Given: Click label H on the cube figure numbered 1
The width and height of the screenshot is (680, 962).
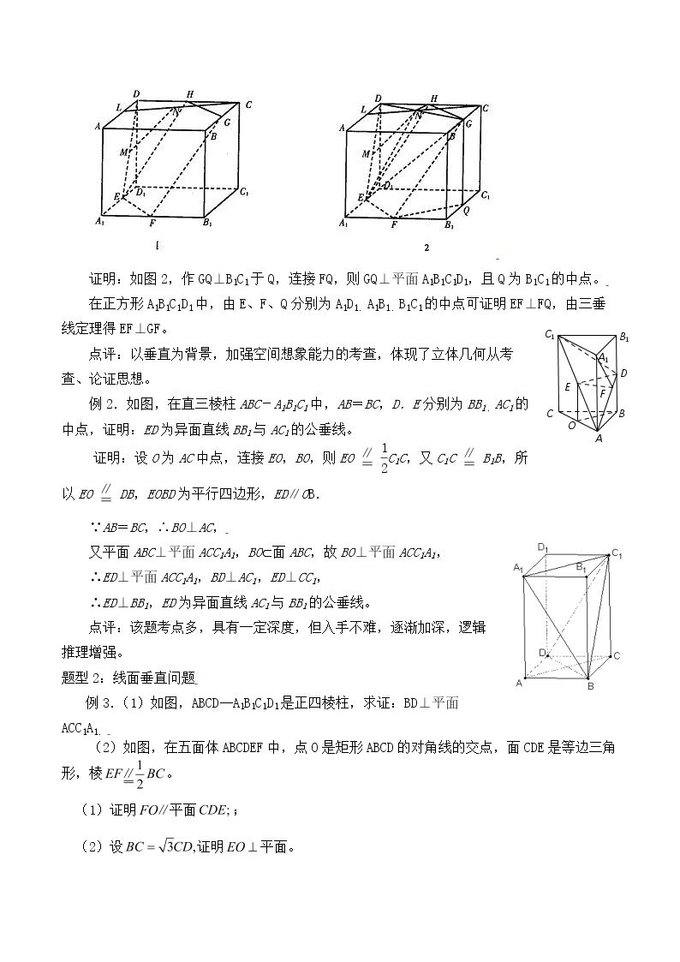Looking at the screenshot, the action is tap(190, 94).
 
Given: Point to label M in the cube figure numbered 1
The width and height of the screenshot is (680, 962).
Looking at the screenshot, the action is tap(124, 152).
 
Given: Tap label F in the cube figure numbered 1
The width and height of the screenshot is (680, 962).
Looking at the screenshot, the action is tap(152, 224).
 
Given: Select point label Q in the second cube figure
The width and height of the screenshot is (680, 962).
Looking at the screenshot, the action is tap(466, 211).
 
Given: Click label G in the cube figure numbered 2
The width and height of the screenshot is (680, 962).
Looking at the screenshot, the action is tap(468, 123).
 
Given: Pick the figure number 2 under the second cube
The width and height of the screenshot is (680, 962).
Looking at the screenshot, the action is tap(426, 248).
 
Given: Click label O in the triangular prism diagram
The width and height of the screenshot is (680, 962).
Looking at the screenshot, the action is tap(571, 425).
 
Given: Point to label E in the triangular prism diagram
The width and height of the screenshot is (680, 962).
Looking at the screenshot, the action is tap(568, 387).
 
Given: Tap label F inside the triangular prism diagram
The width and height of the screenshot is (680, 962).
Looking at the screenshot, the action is tap(604, 391).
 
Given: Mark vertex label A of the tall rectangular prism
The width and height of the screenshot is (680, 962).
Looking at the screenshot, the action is tap(519, 683).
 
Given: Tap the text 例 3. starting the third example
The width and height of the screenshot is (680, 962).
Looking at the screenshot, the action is tap(98, 703).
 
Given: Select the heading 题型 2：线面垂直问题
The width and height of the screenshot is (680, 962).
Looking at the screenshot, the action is tap(128, 678).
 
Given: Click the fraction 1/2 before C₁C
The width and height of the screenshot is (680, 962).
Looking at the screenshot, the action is tap(385, 457).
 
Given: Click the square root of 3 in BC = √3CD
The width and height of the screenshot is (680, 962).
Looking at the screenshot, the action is tap(162, 846).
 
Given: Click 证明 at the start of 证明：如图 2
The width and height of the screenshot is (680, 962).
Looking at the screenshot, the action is tap(103, 279).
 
